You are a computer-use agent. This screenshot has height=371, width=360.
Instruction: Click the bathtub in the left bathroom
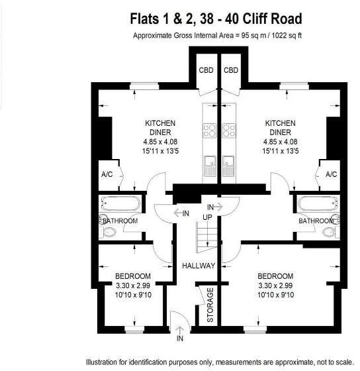tap(120, 203)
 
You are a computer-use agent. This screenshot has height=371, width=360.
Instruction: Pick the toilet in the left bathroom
tap(109, 232)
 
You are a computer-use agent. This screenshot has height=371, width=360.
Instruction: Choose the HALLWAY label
tap(199, 266)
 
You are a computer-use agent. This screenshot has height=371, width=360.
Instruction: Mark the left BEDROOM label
tap(132, 276)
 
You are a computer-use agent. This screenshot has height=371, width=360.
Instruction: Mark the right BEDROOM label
tap(275, 276)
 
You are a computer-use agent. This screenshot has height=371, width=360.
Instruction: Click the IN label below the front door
tap(180, 339)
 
